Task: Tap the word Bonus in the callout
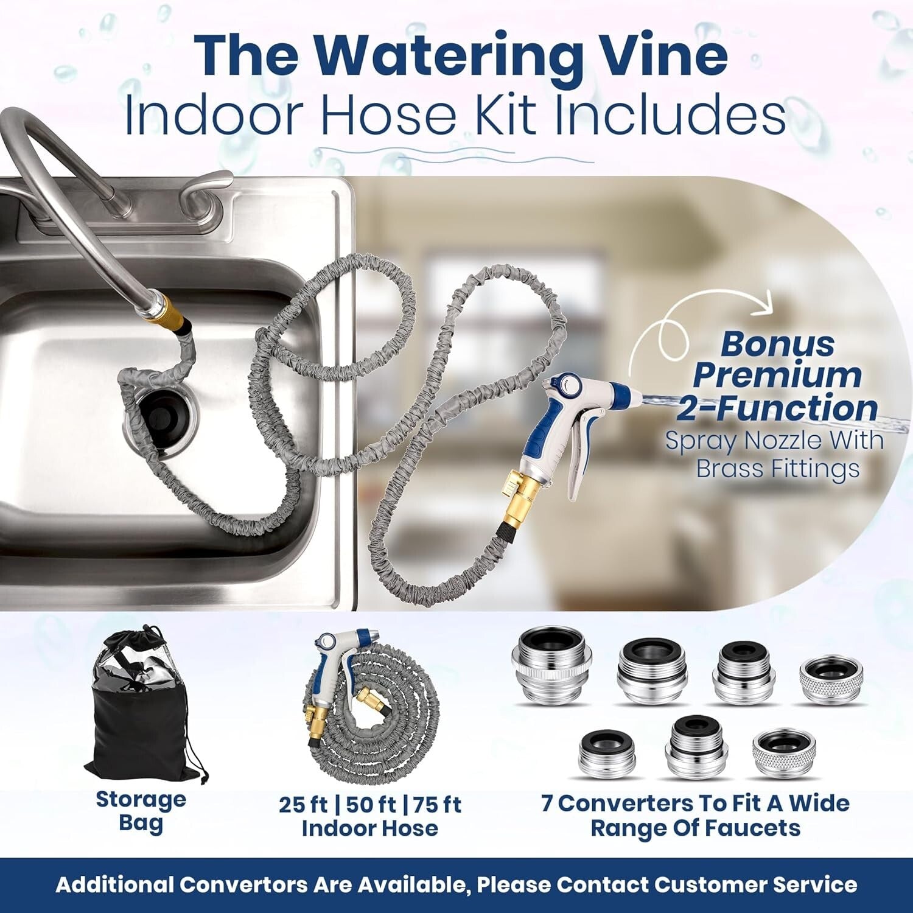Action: tap(777, 345)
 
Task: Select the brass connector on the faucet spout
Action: tap(166, 313)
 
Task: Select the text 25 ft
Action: tap(303, 805)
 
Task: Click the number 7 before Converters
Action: tap(547, 803)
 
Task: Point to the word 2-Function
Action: tap(777, 408)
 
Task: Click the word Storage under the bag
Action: tap(141, 799)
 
